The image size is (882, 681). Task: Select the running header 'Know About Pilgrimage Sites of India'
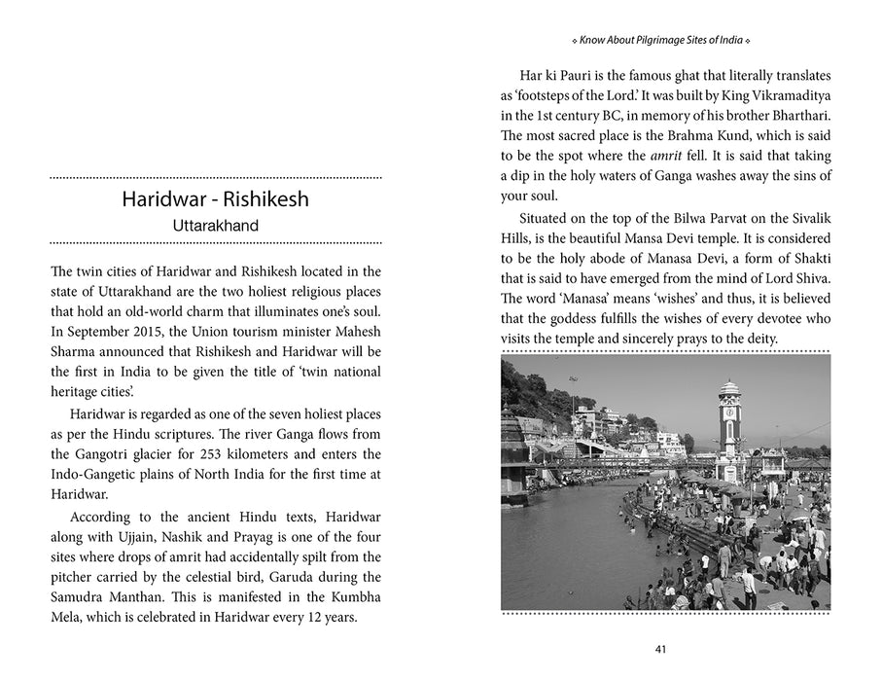pos(665,41)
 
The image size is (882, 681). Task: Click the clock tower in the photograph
pos(729,418)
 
